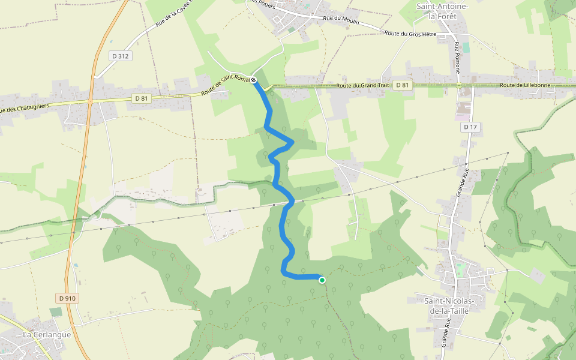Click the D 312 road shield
(120, 56)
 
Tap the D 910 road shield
(69, 298)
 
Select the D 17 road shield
(470, 127)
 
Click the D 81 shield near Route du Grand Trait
(403, 85)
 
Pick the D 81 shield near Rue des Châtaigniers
(141, 98)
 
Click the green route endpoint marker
(322, 280)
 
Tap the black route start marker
(254, 80)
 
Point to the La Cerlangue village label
(47, 334)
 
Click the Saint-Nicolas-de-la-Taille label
(449, 305)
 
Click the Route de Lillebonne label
(525, 85)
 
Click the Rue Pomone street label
(458, 58)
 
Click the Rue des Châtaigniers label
(24, 108)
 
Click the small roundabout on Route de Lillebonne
(460, 85)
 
